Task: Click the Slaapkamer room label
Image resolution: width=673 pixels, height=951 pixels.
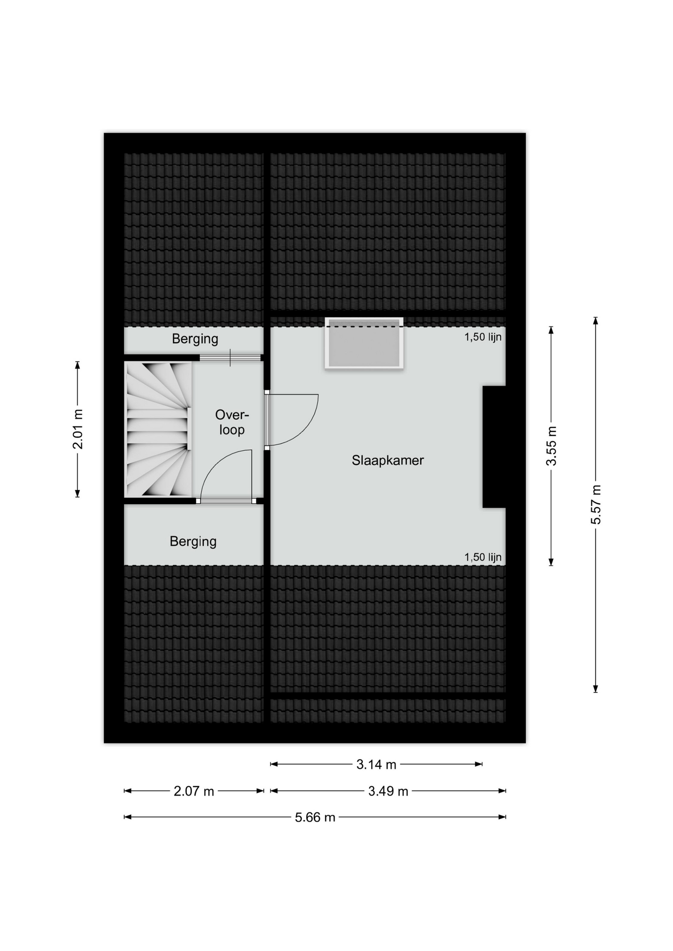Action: (x=388, y=461)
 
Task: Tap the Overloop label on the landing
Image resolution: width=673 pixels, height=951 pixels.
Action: (x=232, y=422)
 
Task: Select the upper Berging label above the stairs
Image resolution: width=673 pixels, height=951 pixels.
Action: (x=195, y=339)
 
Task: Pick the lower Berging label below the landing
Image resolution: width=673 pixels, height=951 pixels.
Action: (x=193, y=541)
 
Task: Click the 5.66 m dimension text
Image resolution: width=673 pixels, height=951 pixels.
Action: (x=315, y=817)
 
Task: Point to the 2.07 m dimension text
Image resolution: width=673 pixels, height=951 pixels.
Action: (x=194, y=791)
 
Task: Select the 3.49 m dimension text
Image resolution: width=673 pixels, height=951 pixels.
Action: (x=388, y=791)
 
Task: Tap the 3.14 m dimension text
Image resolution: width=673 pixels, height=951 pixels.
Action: (x=376, y=764)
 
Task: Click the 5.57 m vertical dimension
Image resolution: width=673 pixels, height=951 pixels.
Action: (x=596, y=504)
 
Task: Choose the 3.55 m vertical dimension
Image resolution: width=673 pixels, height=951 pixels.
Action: (x=551, y=446)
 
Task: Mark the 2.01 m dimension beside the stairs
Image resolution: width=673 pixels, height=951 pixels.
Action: (x=77, y=429)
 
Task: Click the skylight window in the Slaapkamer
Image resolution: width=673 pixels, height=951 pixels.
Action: (x=364, y=343)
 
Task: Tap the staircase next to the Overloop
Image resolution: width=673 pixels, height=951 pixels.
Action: (x=158, y=429)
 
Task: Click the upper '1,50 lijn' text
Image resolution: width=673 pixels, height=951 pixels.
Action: (x=483, y=337)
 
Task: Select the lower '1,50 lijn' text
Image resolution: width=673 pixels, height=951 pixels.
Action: (x=483, y=557)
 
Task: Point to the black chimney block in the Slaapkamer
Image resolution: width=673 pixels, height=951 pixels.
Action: (x=494, y=447)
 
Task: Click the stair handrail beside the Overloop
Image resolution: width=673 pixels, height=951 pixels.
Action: (x=189, y=429)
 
